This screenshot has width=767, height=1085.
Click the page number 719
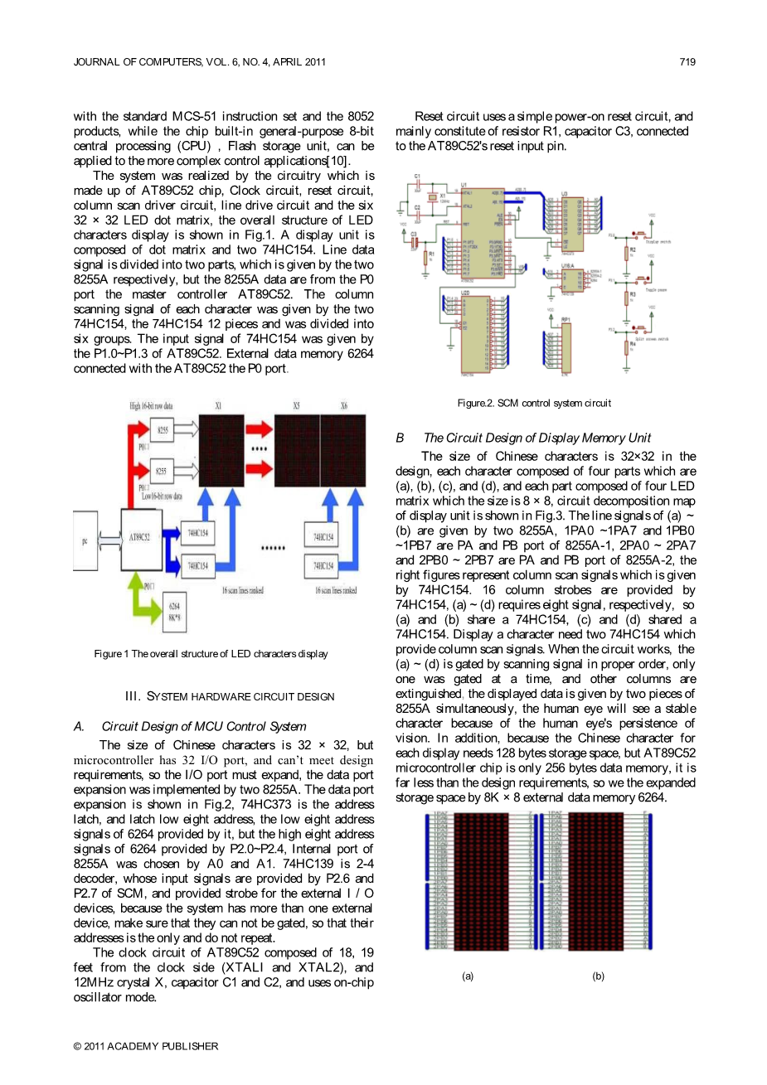pyautogui.click(x=687, y=61)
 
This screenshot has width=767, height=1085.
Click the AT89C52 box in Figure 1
pyautogui.click(x=141, y=539)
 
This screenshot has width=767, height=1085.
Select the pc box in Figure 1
pyautogui.click(x=85, y=540)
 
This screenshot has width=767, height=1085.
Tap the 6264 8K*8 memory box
pyautogui.click(x=174, y=612)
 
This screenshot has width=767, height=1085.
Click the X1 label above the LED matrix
pyautogui.click(x=218, y=406)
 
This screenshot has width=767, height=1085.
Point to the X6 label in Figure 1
pyautogui.click(x=344, y=406)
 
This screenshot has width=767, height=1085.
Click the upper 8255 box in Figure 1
pyautogui.click(x=163, y=429)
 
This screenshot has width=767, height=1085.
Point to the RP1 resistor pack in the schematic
pyautogui.click(x=566, y=349)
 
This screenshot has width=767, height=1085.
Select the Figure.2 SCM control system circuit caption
pyautogui.click(x=534, y=404)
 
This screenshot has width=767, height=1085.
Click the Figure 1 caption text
pyautogui.click(x=211, y=654)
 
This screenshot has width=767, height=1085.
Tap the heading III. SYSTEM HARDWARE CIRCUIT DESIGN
pyautogui.click(x=230, y=696)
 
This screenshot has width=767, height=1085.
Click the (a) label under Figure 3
pyautogui.click(x=468, y=976)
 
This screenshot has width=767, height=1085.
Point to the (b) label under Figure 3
pyautogui.click(x=598, y=976)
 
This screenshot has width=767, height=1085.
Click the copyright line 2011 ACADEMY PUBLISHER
pyautogui.click(x=146, y=1046)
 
